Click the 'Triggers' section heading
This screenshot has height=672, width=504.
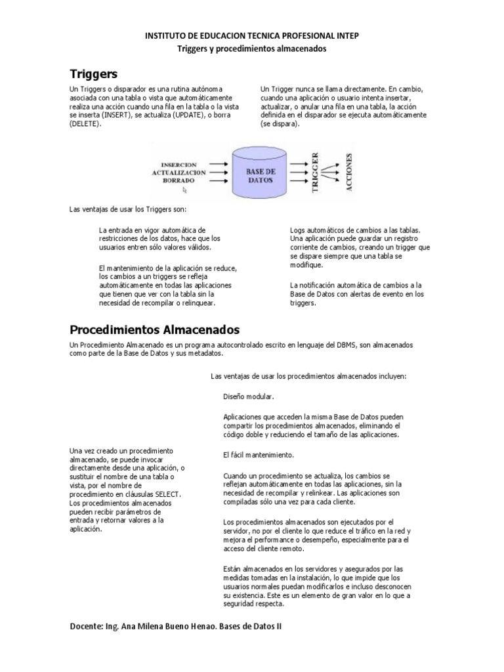93,73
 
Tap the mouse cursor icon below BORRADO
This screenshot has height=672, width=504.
185,190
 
